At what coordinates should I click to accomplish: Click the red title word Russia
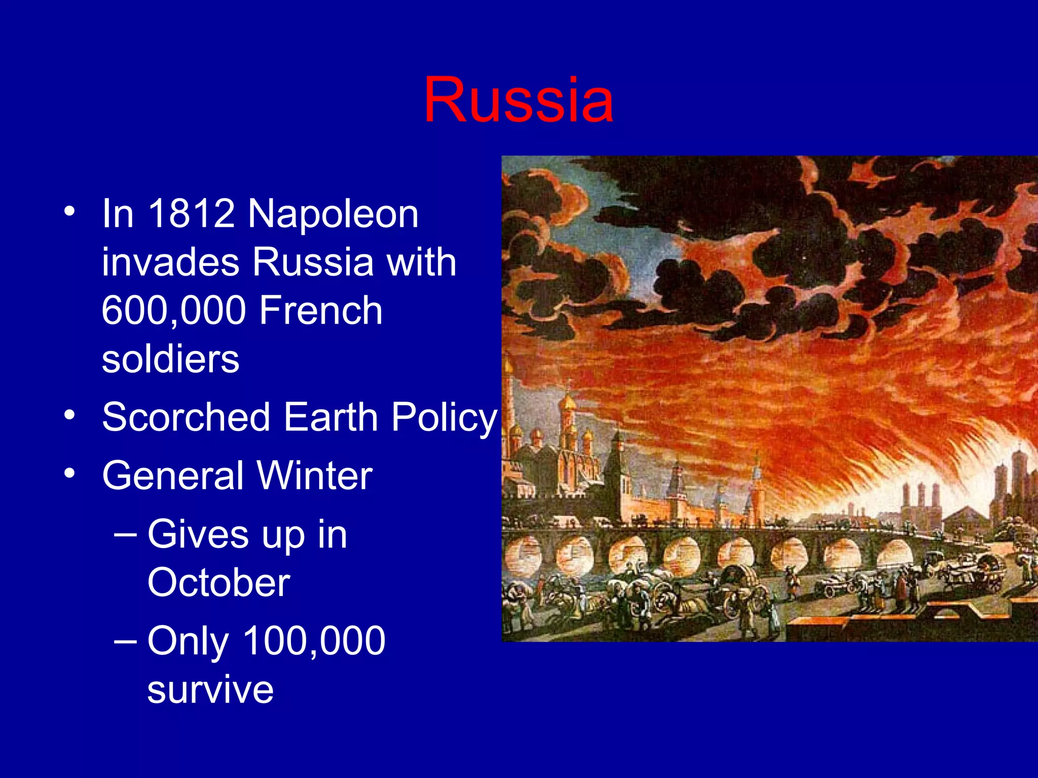click(x=518, y=100)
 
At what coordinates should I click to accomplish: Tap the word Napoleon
click(x=333, y=214)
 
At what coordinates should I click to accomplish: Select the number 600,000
click(x=174, y=310)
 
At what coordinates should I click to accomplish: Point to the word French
click(x=321, y=310)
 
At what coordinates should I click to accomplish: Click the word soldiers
click(x=170, y=359)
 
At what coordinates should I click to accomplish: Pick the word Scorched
click(x=186, y=417)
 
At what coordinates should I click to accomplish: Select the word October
click(x=218, y=582)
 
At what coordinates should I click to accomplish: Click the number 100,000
click(x=314, y=641)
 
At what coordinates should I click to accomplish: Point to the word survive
click(x=210, y=690)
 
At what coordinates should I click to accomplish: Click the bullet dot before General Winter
click(x=70, y=474)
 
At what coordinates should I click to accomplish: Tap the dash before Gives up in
click(x=125, y=535)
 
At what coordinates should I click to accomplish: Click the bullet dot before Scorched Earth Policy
click(x=70, y=415)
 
